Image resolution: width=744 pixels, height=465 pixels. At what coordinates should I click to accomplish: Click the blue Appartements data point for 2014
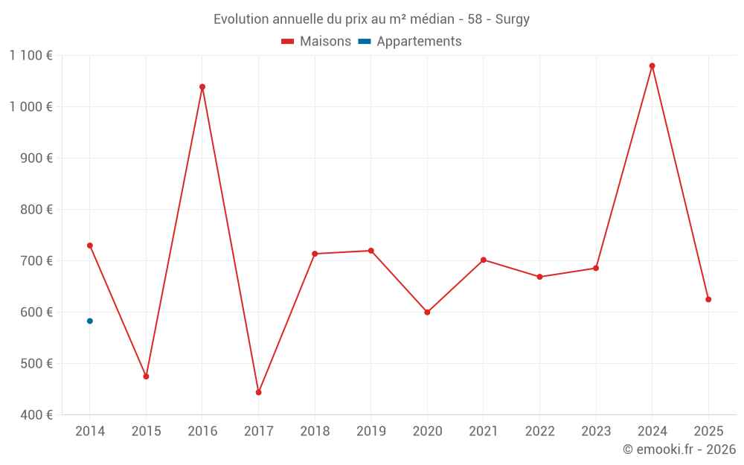[90, 321]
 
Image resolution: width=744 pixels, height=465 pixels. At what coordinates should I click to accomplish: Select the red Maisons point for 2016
[202, 87]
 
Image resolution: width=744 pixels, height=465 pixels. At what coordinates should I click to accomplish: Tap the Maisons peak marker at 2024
[652, 66]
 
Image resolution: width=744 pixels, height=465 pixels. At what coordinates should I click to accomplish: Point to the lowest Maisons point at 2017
[259, 392]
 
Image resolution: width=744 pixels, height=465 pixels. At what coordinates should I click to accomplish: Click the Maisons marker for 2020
[427, 312]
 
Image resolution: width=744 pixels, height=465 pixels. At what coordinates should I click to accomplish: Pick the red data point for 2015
[146, 376]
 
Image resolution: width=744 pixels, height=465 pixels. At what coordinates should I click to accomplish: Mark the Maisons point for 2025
[708, 299]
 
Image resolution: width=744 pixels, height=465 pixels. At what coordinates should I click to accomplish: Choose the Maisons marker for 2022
[539, 277]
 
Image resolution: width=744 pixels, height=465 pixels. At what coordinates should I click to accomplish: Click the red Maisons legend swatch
[287, 42]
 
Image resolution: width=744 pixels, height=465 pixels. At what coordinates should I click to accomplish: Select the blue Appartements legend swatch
[365, 42]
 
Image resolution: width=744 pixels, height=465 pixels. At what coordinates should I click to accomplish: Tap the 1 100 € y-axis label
[31, 56]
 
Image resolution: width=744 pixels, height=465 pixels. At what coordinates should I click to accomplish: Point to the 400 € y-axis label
[36, 415]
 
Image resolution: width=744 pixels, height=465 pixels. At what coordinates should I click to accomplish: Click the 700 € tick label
[36, 261]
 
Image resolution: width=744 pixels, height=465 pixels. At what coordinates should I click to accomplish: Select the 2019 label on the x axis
[371, 432]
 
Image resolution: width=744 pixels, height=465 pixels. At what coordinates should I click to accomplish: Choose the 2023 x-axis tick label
[596, 432]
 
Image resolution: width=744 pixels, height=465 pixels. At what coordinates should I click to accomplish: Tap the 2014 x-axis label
[90, 432]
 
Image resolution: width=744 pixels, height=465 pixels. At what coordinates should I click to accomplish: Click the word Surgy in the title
[513, 19]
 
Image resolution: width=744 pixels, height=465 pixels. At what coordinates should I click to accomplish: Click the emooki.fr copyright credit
[679, 449]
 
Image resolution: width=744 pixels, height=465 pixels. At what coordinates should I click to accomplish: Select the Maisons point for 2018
[315, 254]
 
